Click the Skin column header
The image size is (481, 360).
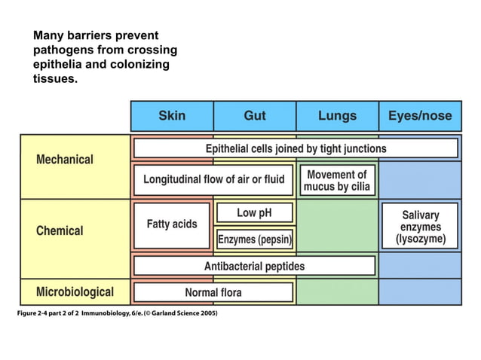tap(172, 116)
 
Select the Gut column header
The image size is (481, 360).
tap(254, 116)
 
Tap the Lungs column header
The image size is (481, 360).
tap(337, 116)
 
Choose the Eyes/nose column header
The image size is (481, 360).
tap(420, 116)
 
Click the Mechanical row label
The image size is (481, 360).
tap(65, 160)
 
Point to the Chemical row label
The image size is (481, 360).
tap(60, 230)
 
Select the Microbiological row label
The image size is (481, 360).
tap(75, 291)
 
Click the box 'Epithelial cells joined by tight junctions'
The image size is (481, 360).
tap(296, 148)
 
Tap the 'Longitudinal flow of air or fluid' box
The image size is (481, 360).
tap(214, 180)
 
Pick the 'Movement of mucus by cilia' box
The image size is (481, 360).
tap(337, 180)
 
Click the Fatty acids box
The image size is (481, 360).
tap(172, 224)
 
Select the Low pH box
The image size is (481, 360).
tap(254, 213)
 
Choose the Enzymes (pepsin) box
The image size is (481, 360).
tap(254, 239)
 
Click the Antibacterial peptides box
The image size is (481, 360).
tap(254, 266)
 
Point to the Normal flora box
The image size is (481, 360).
tap(213, 292)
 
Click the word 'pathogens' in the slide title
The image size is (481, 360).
tap(62, 50)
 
